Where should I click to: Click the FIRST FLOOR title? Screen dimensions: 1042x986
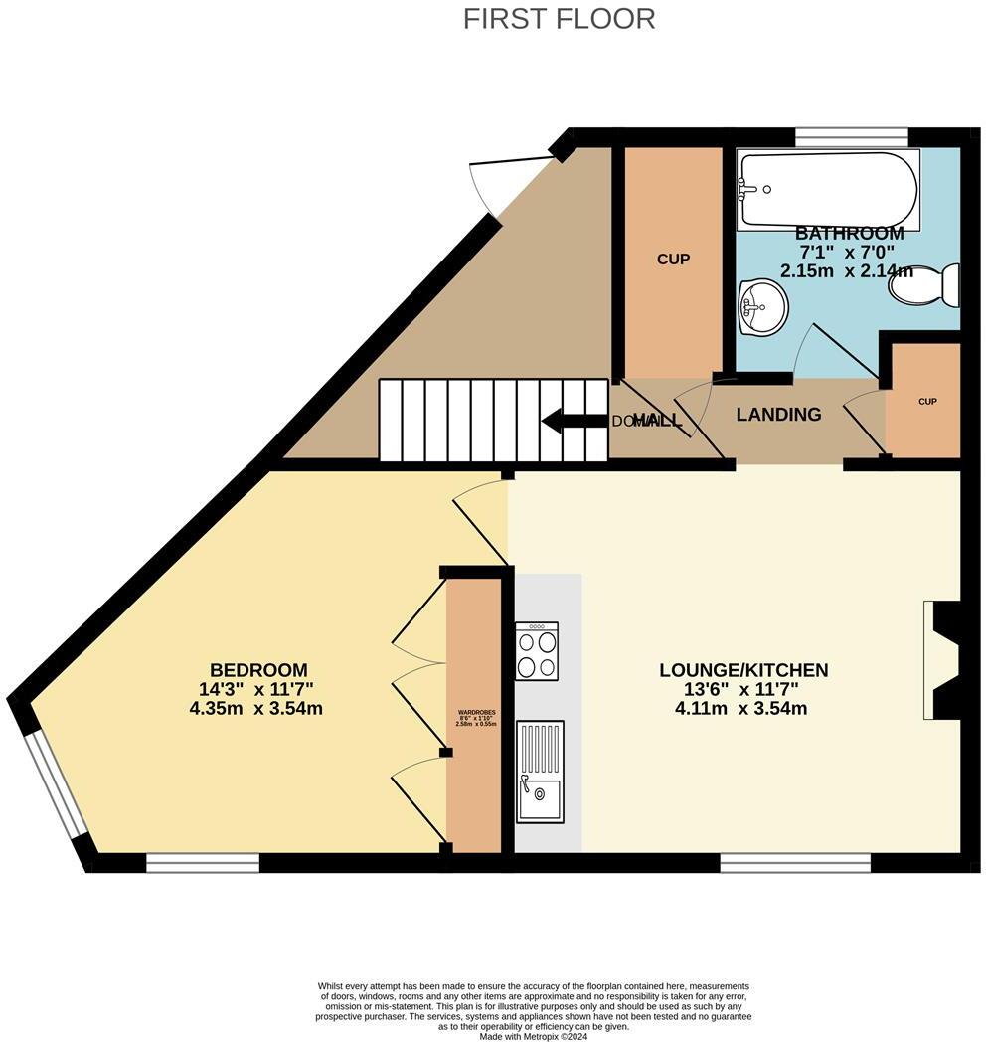[x=559, y=18]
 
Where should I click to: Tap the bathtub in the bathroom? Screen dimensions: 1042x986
[x=827, y=189]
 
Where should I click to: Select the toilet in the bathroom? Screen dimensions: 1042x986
[x=923, y=284]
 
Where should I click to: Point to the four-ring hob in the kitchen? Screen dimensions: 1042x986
[x=537, y=651]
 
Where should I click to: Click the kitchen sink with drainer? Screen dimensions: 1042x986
[x=539, y=771]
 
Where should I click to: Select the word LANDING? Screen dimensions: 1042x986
[x=778, y=415]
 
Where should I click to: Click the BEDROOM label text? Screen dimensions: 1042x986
[x=258, y=670]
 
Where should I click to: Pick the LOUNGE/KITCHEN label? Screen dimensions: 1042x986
[x=743, y=670]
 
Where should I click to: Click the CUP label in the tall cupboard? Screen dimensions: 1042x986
[x=673, y=260]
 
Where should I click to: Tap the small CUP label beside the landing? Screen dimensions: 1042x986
[x=927, y=402]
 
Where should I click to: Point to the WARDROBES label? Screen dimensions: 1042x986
[x=475, y=713]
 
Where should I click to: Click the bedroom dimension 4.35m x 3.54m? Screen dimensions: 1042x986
[x=256, y=709]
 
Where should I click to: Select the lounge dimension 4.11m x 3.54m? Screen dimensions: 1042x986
[x=741, y=709]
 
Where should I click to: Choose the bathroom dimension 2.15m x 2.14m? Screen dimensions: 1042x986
[x=849, y=270]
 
